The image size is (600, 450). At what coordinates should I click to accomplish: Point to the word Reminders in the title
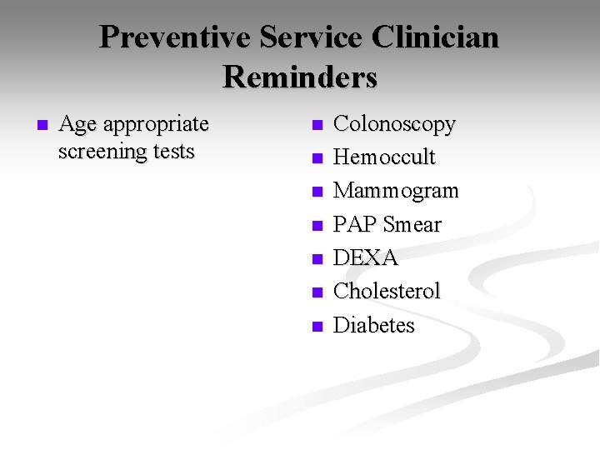click(300, 77)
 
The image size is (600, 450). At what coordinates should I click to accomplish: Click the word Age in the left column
click(78, 125)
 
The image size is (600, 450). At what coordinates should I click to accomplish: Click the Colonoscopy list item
click(394, 125)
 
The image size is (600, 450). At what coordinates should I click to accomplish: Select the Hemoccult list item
click(384, 157)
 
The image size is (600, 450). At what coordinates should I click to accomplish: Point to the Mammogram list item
click(396, 191)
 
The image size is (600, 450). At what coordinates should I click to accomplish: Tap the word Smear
click(413, 224)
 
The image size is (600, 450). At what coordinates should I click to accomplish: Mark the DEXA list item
click(366, 258)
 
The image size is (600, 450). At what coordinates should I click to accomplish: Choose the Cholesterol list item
click(387, 292)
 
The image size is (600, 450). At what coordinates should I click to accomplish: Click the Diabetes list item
click(373, 325)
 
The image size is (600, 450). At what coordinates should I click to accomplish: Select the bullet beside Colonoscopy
click(316, 126)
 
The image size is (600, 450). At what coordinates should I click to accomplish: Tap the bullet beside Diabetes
click(316, 327)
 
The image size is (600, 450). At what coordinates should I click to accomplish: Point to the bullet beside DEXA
click(316, 259)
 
